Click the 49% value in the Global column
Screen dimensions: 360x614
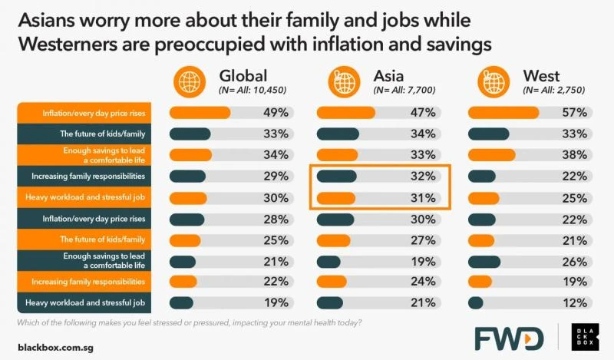point(276,113)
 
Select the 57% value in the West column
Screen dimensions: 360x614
point(576,113)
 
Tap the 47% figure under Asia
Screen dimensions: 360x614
point(423,113)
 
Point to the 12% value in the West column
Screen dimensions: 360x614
point(576,302)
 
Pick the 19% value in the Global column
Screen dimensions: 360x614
point(276,302)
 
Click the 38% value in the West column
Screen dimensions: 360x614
point(576,155)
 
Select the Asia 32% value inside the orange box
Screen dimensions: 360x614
point(423,176)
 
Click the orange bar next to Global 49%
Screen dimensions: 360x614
point(200,113)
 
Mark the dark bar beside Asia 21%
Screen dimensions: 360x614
point(329,302)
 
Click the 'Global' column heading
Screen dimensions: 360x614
point(243,76)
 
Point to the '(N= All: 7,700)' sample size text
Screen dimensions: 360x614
point(404,91)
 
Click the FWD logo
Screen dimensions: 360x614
point(507,338)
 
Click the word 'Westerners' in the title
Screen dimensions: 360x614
point(68,45)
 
